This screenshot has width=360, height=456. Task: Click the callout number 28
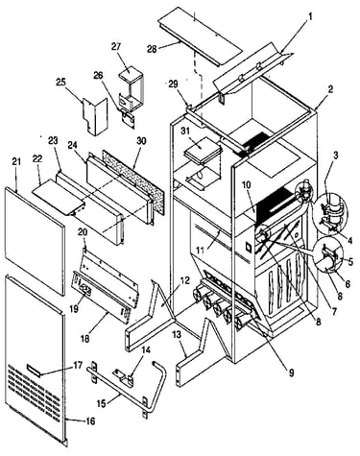click(x=154, y=49)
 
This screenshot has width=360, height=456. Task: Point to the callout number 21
click(x=16, y=161)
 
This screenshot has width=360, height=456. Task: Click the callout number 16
click(x=90, y=420)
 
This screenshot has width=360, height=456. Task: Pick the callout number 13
click(x=177, y=335)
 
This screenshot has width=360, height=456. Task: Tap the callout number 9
click(x=291, y=372)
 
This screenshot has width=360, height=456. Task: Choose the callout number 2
click(x=330, y=89)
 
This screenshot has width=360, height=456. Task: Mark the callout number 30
click(x=141, y=141)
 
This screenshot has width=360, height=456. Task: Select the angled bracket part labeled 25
click(x=95, y=116)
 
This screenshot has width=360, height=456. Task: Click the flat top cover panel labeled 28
click(x=199, y=38)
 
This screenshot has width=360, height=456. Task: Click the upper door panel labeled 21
click(x=35, y=241)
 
